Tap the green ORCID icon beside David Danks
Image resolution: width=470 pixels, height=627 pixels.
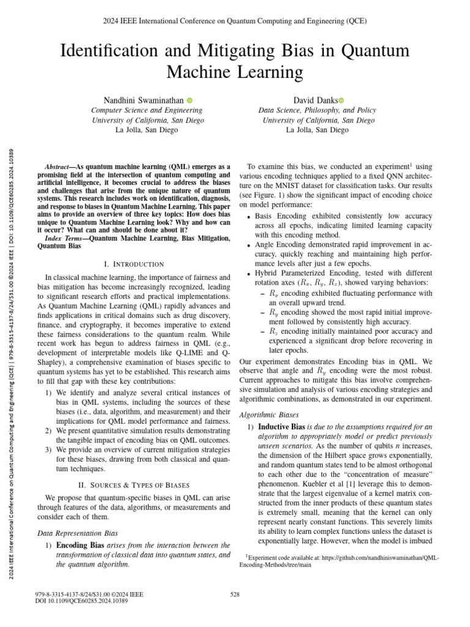click(341, 100)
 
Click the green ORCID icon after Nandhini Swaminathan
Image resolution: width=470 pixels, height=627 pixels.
click(190, 100)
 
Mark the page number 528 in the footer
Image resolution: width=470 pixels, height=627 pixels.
click(235, 594)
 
